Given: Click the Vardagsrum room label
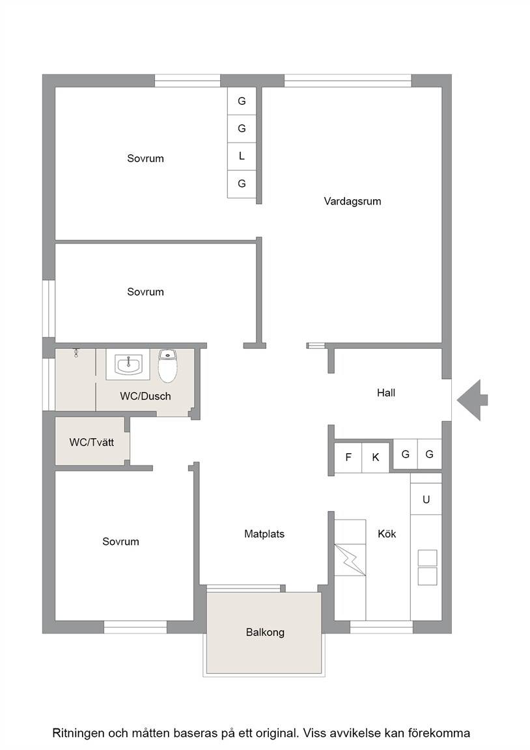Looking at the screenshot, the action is pos(352,201).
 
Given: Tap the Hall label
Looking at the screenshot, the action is pos(386,393).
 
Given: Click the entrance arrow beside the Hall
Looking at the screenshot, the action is pos(471,400).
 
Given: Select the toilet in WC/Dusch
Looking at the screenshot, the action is pos(167,366).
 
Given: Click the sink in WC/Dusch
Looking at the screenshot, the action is pos(128,364).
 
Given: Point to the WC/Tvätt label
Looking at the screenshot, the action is pos(92,443).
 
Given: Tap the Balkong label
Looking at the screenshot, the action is pos(265,632).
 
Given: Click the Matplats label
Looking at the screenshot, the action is pos(264,534).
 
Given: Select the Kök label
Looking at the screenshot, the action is pos(387,534).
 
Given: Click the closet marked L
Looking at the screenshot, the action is pos(242,156).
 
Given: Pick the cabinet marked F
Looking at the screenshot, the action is pos(348,457).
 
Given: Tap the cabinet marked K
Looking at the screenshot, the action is pos(376,457).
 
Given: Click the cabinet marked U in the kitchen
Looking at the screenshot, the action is pos(426,499).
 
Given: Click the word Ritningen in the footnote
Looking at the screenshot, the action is pos(77,733).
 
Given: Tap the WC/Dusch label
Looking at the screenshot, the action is pos(145,396).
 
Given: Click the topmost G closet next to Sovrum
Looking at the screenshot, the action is pos(242,101).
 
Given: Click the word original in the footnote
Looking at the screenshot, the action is pos(277,733).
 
